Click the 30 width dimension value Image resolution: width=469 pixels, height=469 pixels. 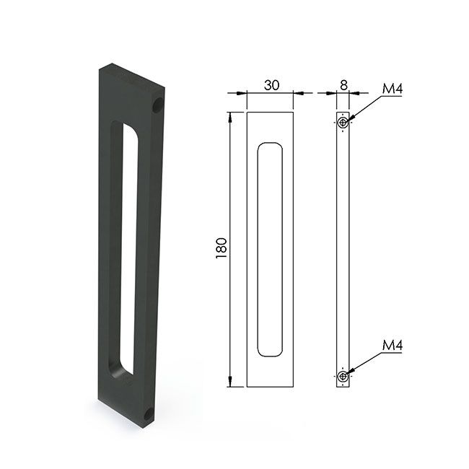(271, 85)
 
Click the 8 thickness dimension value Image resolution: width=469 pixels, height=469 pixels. (343, 85)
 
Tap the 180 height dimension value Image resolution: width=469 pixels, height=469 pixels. (222, 248)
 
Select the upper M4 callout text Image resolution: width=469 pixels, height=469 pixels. (393, 89)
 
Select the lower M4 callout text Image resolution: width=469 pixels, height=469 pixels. (393, 346)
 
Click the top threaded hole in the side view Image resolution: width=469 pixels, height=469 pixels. (343, 122)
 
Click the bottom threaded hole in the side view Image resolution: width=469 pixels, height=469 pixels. (343, 376)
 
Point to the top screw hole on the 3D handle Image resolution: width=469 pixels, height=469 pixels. (157, 105)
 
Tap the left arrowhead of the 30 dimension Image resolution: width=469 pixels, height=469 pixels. (242, 93)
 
